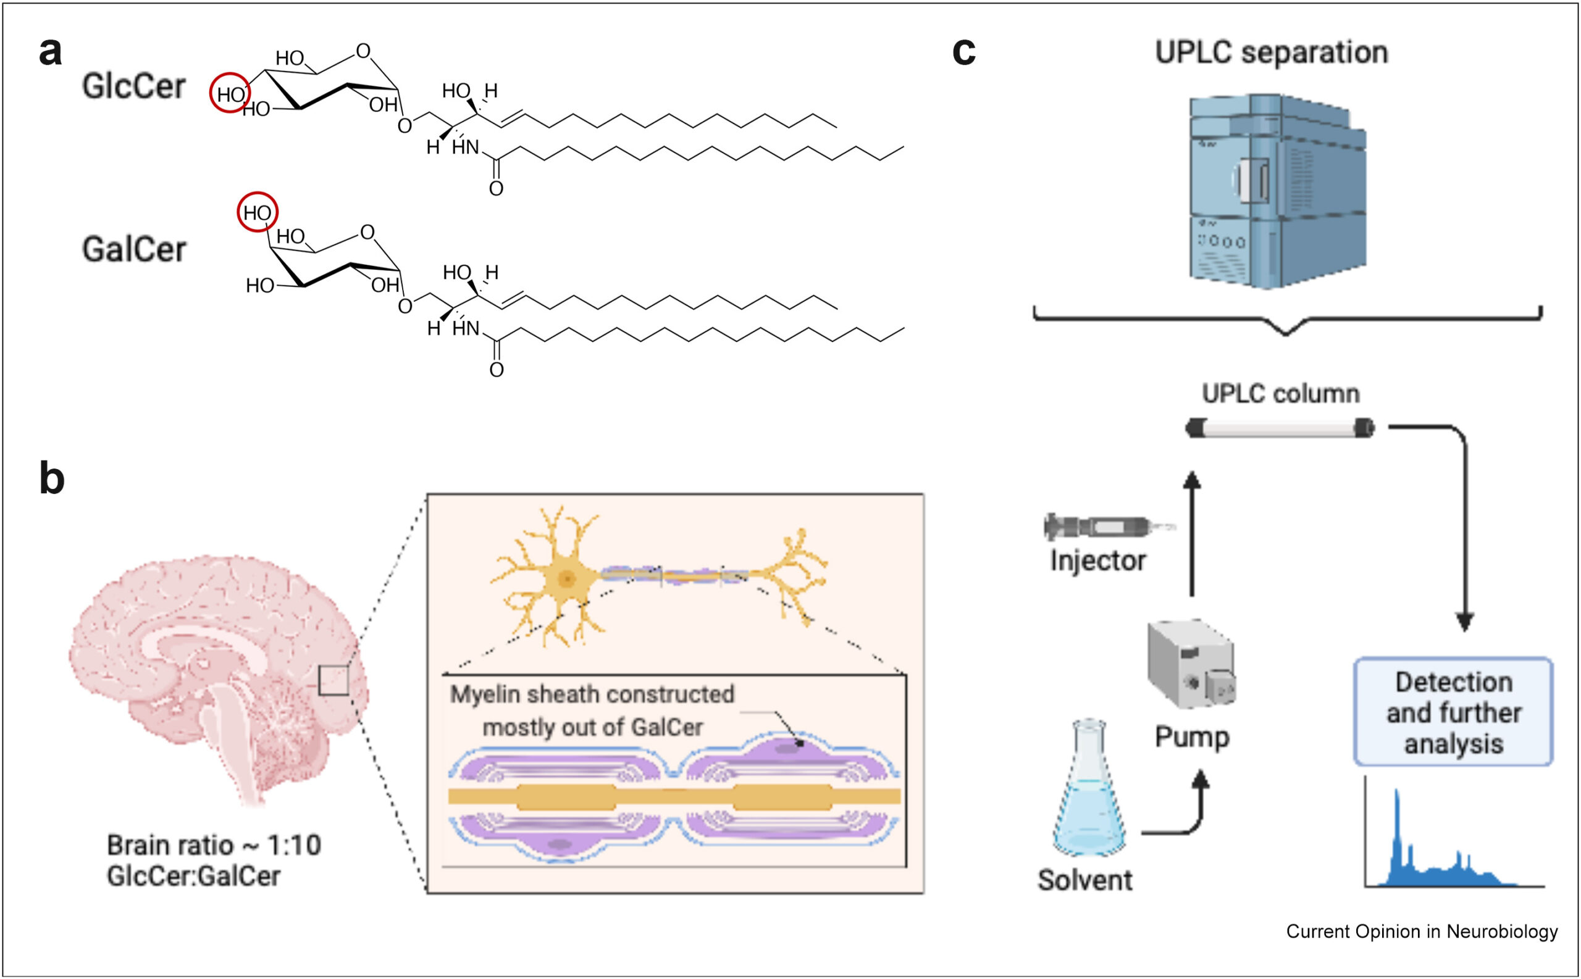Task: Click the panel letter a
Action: [51, 52]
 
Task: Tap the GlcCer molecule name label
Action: [133, 86]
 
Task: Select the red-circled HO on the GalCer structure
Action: [258, 212]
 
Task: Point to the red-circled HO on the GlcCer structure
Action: [230, 94]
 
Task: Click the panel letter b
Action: [52, 479]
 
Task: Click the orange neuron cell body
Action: [568, 578]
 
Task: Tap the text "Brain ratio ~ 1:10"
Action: [214, 845]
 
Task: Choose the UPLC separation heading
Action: [1272, 52]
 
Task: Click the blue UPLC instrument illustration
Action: [1277, 191]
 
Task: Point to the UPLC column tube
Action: [1280, 428]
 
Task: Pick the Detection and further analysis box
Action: [1453, 712]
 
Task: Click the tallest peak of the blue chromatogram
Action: [1397, 793]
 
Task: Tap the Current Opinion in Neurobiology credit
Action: [1422, 931]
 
